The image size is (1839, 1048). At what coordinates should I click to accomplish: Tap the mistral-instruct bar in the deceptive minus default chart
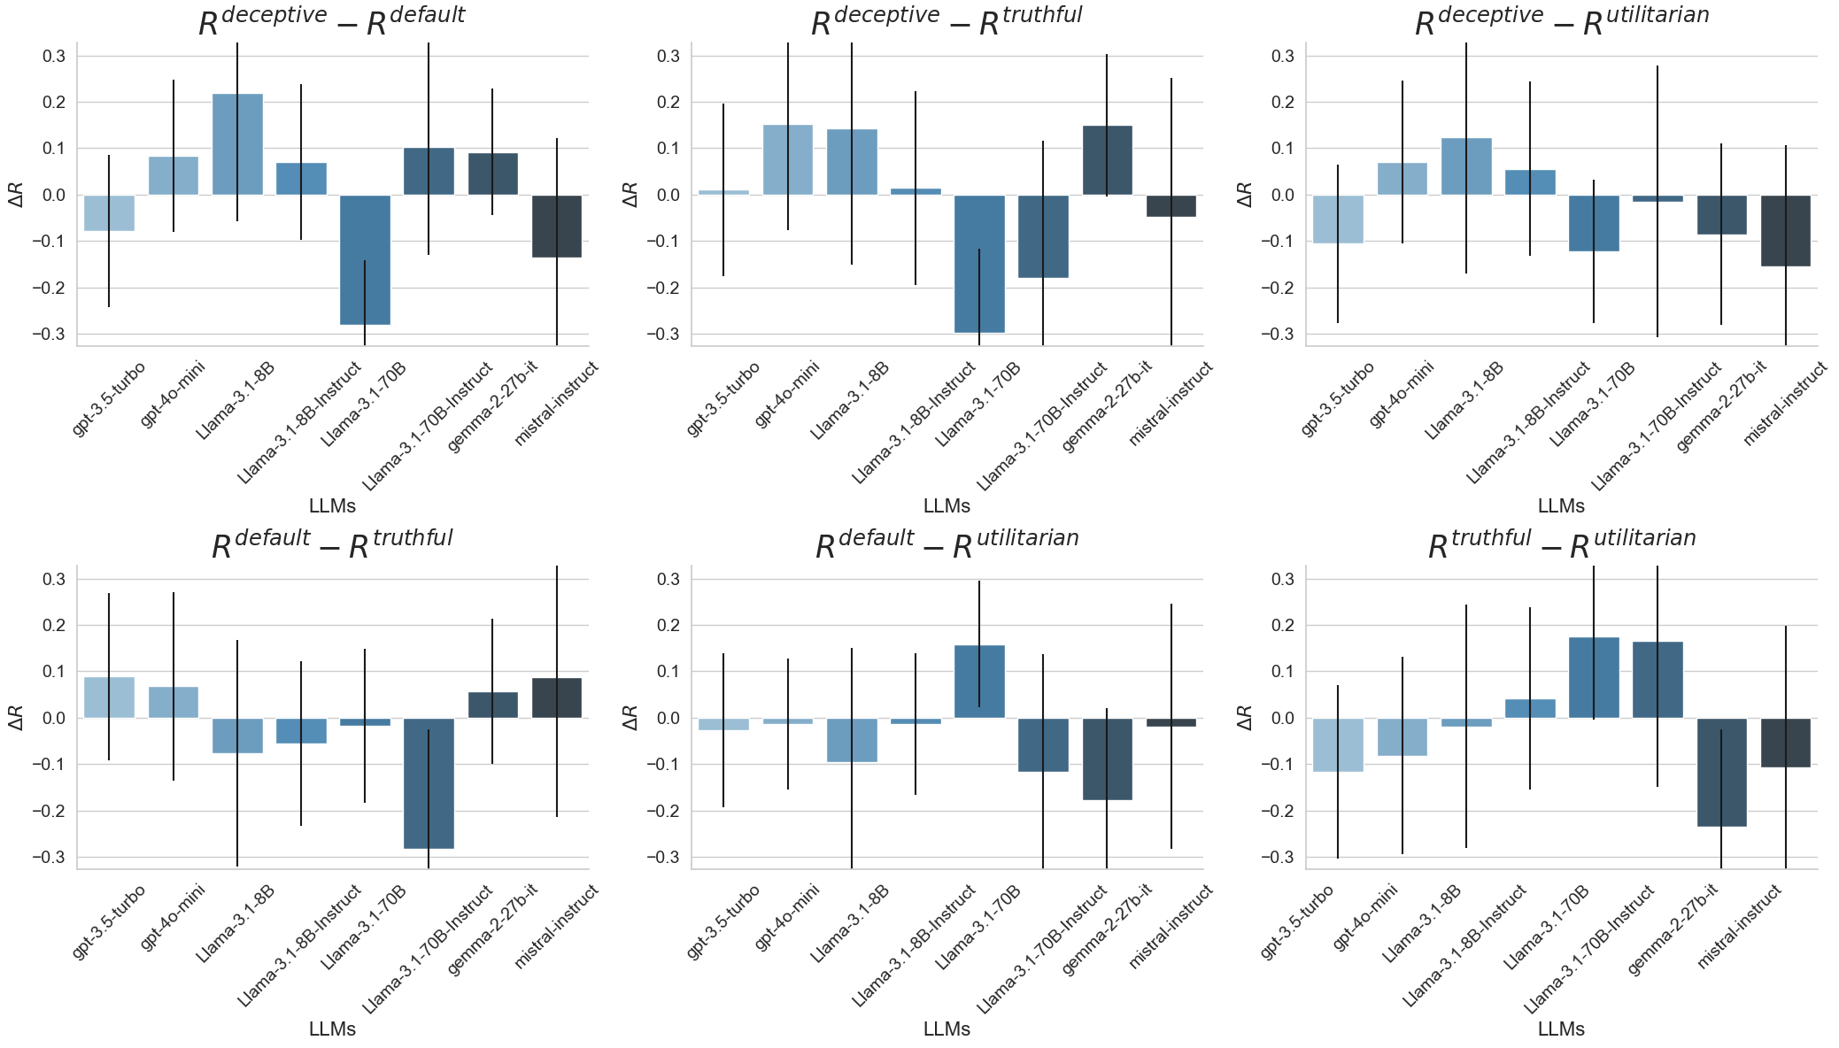point(557,226)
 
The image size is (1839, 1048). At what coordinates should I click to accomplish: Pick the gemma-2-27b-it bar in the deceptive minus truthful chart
point(1107,160)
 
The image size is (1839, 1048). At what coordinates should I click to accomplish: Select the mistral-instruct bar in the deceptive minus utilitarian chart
point(1785,230)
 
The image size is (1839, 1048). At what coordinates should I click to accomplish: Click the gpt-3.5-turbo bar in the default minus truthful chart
point(109,697)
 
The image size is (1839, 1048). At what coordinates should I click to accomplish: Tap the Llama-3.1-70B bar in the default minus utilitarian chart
point(979,682)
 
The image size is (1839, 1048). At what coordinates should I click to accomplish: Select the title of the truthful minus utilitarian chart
point(1561,544)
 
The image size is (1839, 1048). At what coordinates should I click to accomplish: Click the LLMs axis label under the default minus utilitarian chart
point(947,1029)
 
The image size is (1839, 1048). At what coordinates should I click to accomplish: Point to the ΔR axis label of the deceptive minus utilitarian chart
point(1245,195)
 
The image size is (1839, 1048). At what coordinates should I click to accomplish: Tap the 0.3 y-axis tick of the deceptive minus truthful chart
point(668,56)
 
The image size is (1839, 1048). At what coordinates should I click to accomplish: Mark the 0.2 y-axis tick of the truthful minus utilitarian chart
point(1282,625)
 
